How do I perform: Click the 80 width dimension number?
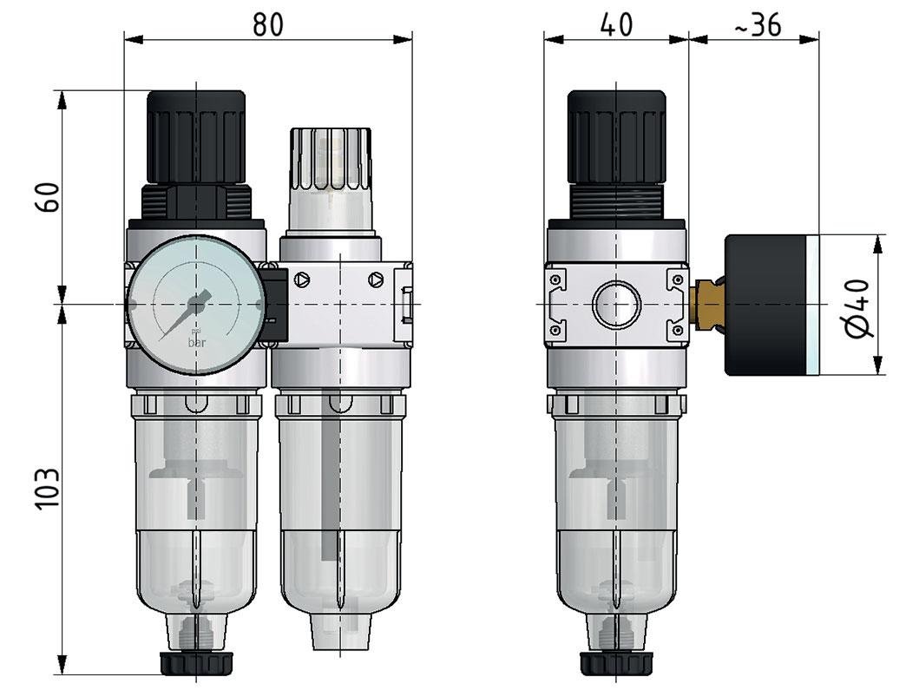click(x=267, y=24)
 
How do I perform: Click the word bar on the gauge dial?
click(x=198, y=342)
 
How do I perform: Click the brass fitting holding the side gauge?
click(x=708, y=305)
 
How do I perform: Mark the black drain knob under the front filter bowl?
click(x=197, y=663)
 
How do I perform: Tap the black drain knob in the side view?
click(x=616, y=663)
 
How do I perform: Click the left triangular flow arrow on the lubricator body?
click(x=301, y=280)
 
